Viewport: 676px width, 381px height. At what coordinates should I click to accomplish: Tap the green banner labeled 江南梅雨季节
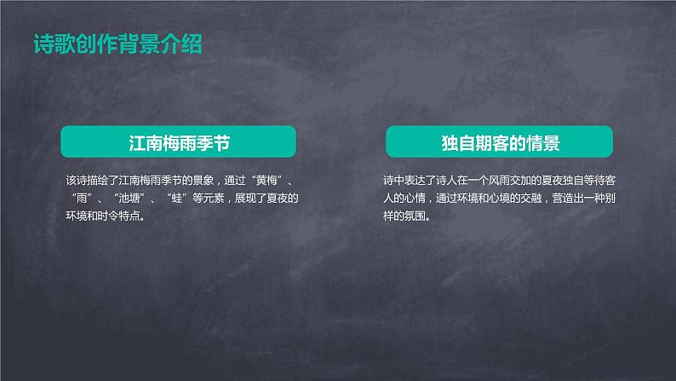point(178,141)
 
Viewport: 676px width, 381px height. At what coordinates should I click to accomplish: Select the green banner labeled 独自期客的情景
point(500,141)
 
